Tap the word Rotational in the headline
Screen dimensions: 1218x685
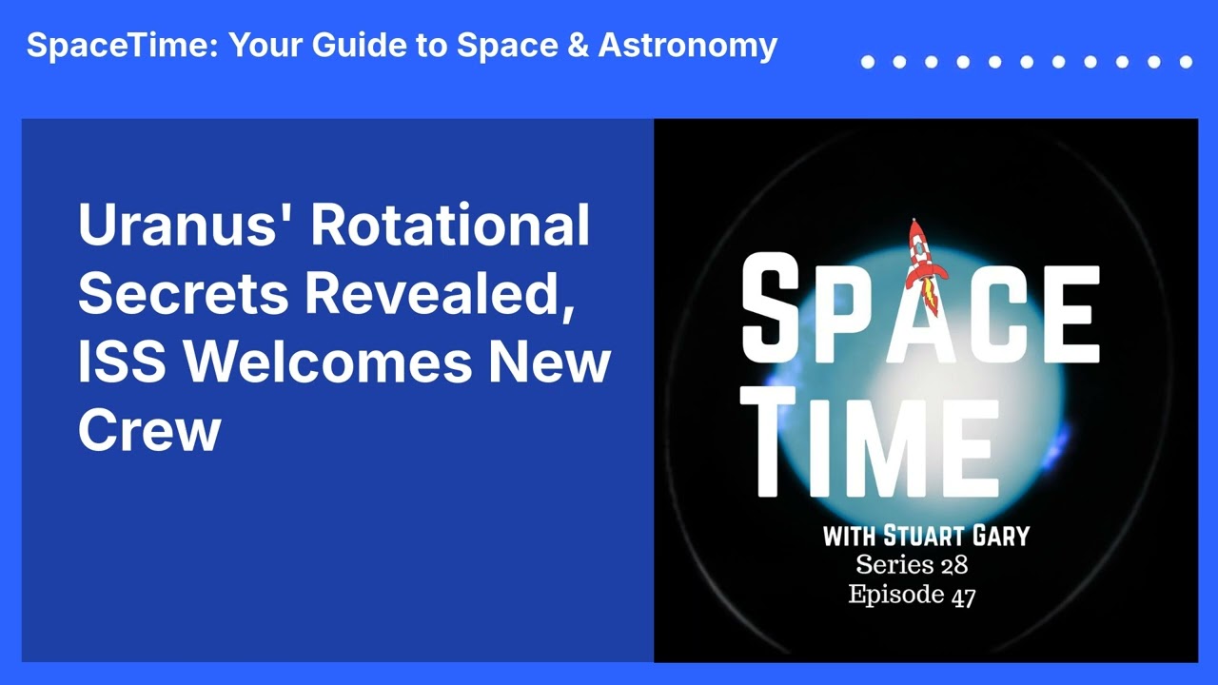click(450, 224)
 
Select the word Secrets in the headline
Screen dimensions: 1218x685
click(183, 294)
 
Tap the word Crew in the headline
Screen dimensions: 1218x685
click(149, 430)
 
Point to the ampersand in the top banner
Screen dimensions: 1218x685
click(578, 45)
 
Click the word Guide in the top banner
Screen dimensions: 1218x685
click(359, 44)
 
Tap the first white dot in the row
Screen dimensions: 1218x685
click(868, 62)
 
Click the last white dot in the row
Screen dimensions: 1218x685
click(1187, 62)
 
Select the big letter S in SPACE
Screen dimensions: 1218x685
click(771, 305)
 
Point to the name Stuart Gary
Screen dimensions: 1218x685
click(956, 536)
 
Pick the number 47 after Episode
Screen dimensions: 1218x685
click(963, 597)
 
